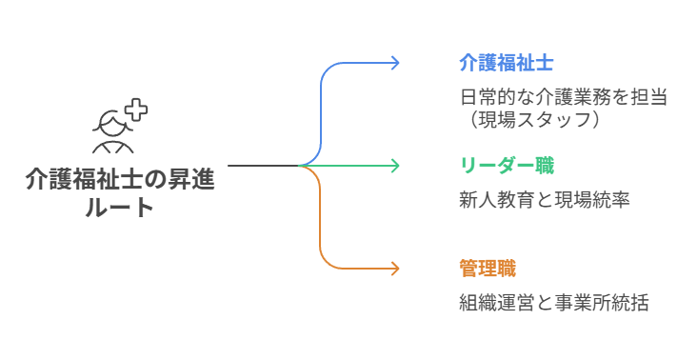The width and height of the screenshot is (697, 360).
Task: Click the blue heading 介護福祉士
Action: click(506, 63)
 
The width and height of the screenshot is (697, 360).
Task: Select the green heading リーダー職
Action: click(506, 166)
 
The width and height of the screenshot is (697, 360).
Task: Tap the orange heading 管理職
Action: click(487, 268)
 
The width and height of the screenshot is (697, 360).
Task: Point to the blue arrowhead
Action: click(395, 63)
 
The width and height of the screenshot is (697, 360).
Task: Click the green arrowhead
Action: click(395, 166)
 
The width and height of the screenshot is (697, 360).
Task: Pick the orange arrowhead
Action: click(395, 268)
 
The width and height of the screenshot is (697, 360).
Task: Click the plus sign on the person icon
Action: click(136, 110)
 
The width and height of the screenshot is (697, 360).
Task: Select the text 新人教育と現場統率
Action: click(544, 201)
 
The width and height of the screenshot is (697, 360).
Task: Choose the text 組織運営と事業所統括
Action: click(553, 304)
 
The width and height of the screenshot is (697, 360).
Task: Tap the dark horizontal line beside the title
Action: click(262, 166)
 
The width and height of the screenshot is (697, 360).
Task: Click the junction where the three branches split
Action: click(303, 166)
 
